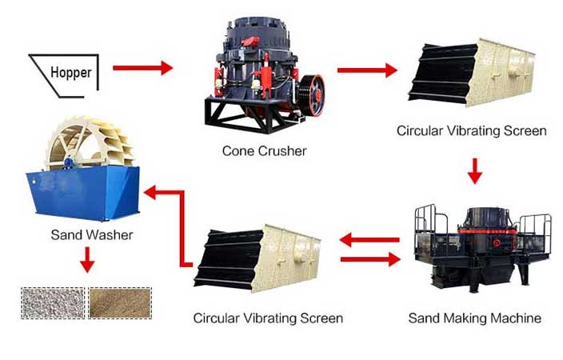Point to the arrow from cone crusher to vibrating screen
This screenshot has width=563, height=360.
coord(366,70)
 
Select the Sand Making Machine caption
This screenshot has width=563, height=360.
coord(474,318)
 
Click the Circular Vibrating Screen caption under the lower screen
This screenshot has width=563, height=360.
coord(268,318)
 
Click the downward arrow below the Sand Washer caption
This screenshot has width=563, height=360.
coord(86,262)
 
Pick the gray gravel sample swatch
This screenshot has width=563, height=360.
coord(51,302)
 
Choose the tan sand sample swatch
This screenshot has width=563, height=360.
coord(120,302)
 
